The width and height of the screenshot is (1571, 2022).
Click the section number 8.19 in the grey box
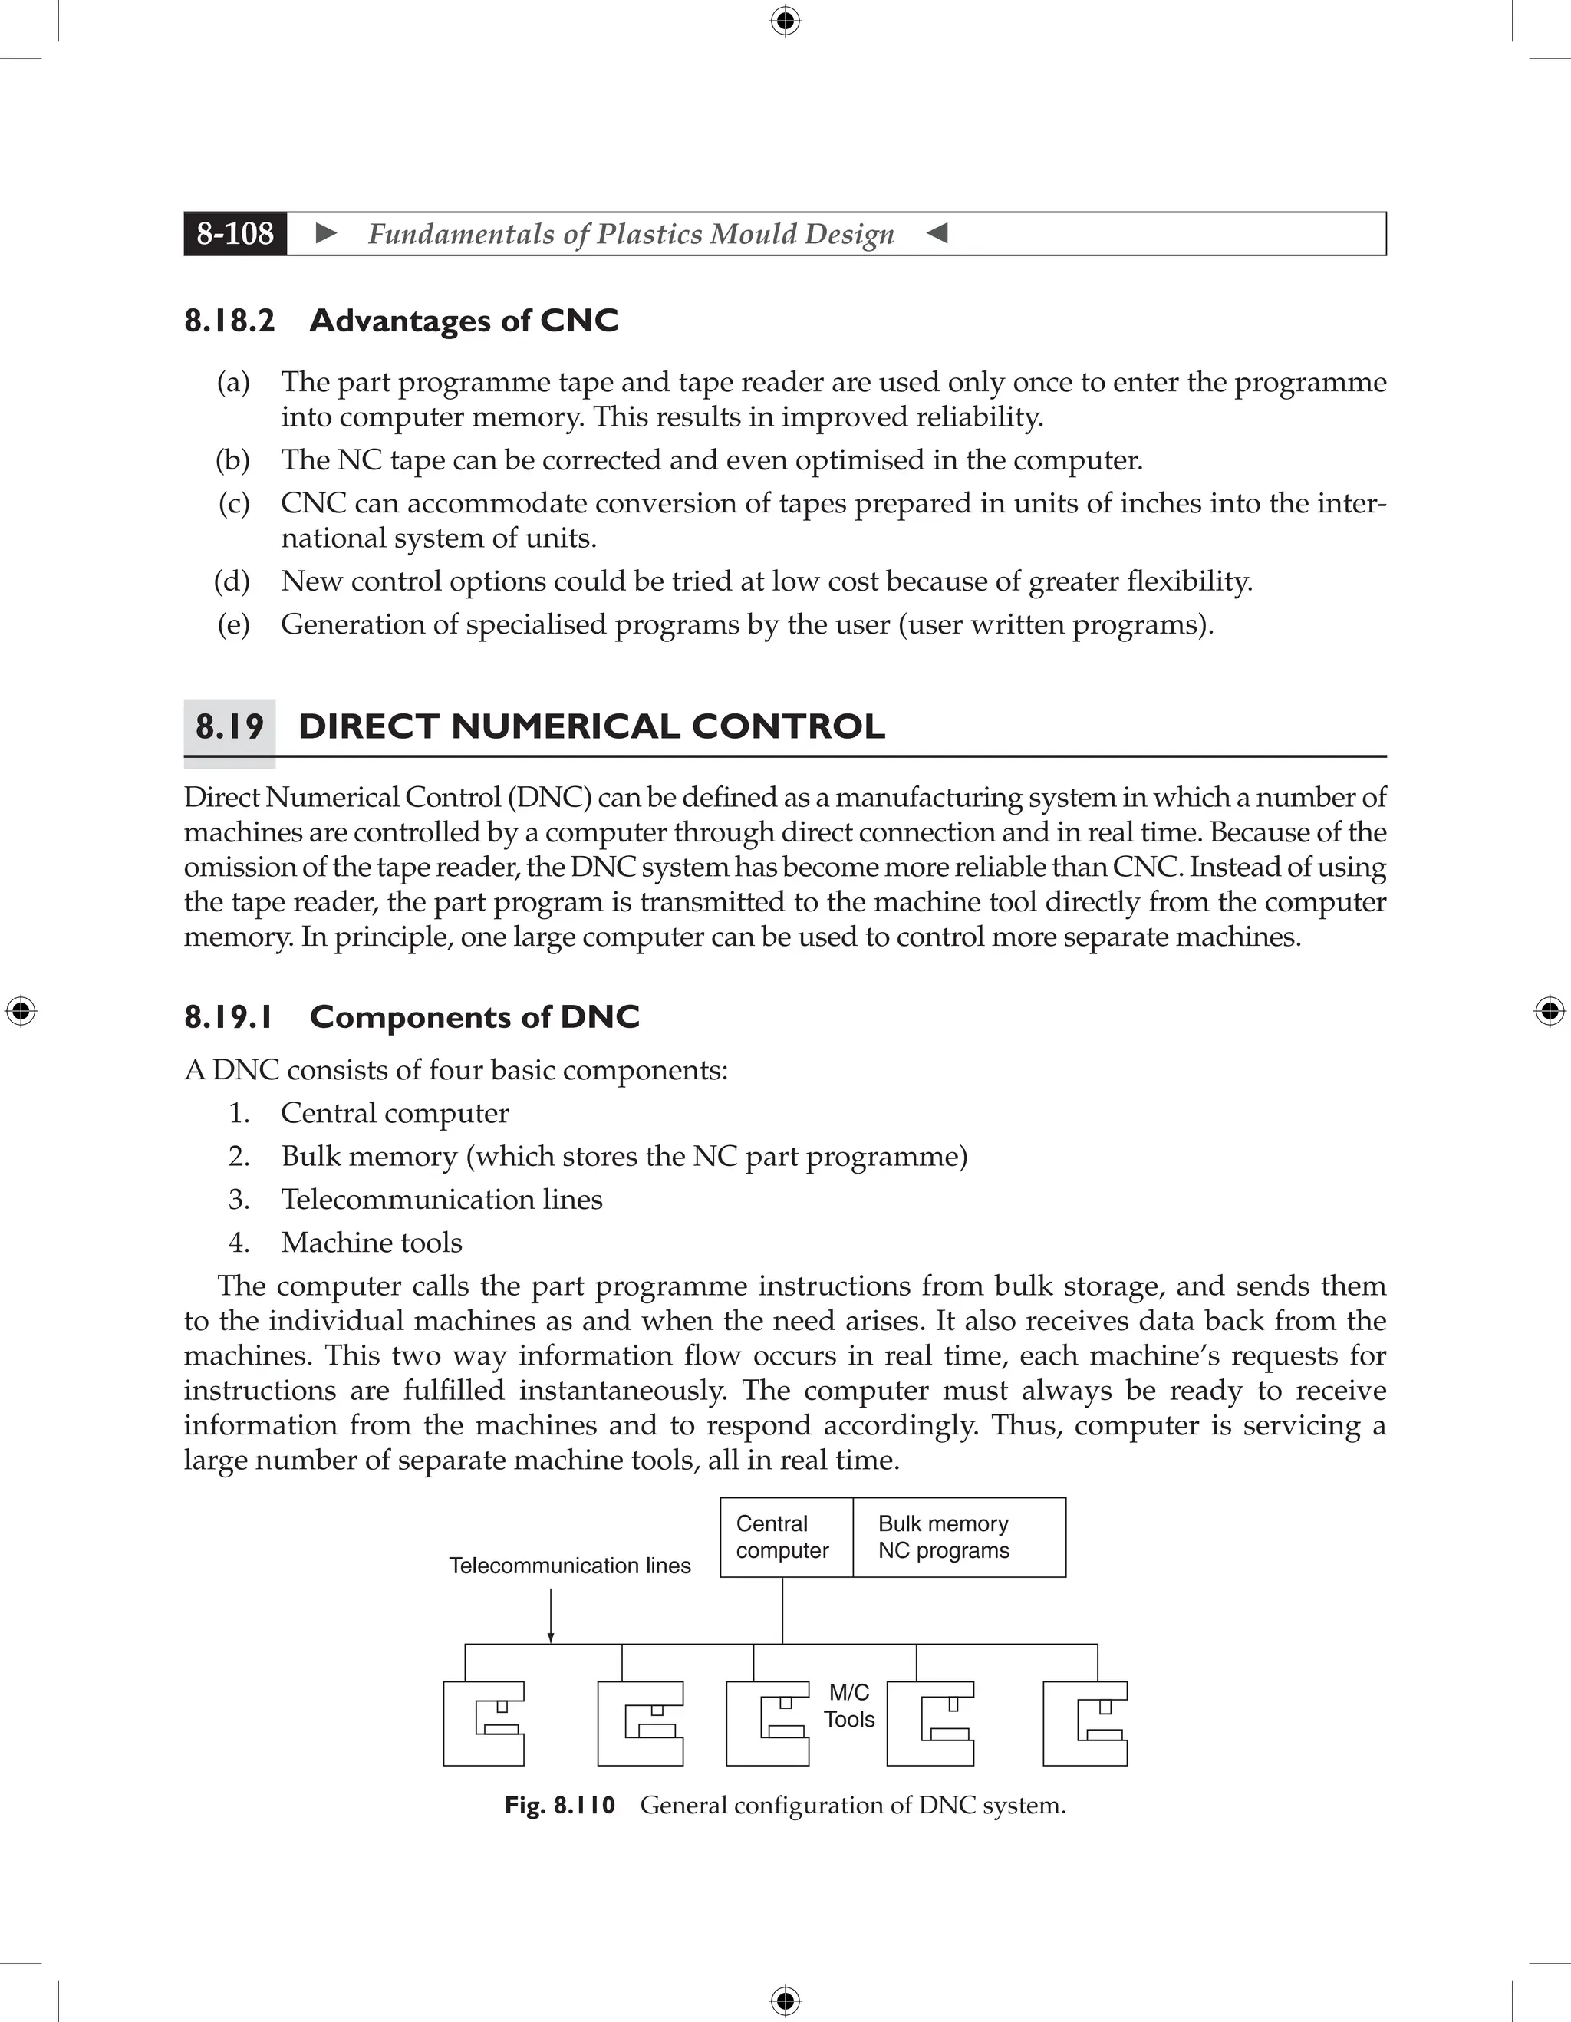pos(229,726)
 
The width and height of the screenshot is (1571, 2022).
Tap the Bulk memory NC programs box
pos(958,1537)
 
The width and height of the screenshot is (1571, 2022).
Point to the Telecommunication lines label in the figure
pos(569,1566)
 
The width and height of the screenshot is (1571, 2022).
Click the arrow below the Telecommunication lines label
pos(551,1615)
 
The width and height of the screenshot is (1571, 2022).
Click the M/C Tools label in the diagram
pos(849,1705)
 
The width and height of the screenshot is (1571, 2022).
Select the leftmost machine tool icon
pos(484,1723)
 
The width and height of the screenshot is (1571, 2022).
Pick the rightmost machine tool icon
pos(1085,1723)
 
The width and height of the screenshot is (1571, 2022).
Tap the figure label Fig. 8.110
pos(559,1806)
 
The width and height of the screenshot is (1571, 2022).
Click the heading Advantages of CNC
pos(463,321)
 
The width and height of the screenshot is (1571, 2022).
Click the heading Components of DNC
pos(474,1016)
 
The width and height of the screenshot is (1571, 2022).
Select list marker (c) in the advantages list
pos(234,502)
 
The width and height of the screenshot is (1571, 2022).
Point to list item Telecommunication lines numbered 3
pos(442,1199)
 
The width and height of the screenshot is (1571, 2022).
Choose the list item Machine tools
pos(371,1243)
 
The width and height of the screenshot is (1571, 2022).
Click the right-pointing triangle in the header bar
pos(326,233)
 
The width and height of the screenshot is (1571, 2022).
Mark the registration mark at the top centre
pos(785,21)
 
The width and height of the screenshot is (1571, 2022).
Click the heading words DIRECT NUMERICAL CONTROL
pos(591,726)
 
